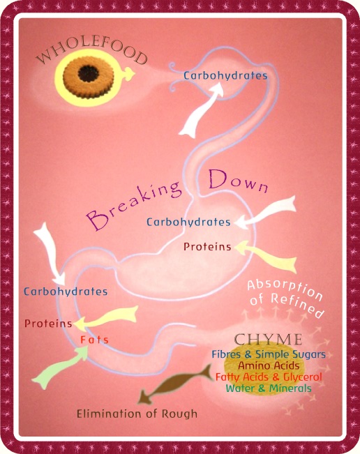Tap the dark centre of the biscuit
click(88, 73)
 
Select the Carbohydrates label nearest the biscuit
click(225, 75)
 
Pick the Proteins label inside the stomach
click(207, 247)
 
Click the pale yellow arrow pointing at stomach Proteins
click(266, 256)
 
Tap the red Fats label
click(94, 340)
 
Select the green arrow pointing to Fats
click(60, 367)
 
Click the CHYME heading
click(268, 340)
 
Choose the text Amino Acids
click(269, 365)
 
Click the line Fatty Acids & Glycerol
click(269, 377)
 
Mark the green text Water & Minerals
click(269, 388)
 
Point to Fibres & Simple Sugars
click(269, 354)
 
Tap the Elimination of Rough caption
click(137, 414)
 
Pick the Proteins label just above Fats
click(48, 324)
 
